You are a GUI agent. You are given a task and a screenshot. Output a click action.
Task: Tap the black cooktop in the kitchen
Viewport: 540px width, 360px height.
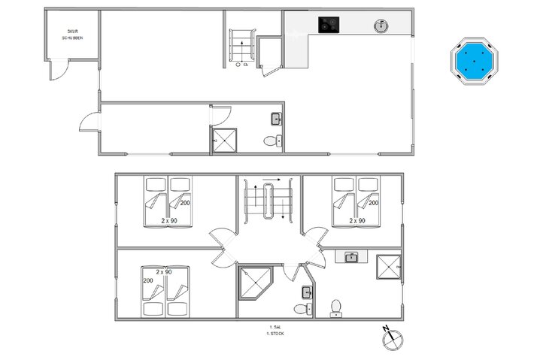(x=328, y=25)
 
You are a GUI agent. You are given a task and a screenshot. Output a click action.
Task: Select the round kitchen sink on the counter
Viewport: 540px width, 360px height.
(x=382, y=26)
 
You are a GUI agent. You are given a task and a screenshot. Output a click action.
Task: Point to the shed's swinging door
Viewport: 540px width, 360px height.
(x=58, y=70)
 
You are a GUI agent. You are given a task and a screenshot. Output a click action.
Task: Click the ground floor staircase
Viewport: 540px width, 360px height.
(x=242, y=44)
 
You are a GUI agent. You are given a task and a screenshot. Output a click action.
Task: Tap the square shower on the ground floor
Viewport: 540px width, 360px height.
(x=225, y=139)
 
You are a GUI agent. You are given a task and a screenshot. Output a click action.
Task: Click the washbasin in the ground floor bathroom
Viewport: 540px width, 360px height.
(x=276, y=118)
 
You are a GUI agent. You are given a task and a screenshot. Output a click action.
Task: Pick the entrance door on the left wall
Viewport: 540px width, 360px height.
(x=89, y=124)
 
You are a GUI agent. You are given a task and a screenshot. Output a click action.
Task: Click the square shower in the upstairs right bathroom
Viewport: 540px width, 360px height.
(x=390, y=268)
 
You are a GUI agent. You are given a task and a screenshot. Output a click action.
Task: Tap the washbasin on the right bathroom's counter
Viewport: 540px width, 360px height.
(x=350, y=257)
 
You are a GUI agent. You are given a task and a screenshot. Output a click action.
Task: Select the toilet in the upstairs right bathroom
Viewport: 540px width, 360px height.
(x=336, y=307)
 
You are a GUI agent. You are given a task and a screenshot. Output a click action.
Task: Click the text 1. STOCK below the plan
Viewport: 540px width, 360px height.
(x=276, y=333)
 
